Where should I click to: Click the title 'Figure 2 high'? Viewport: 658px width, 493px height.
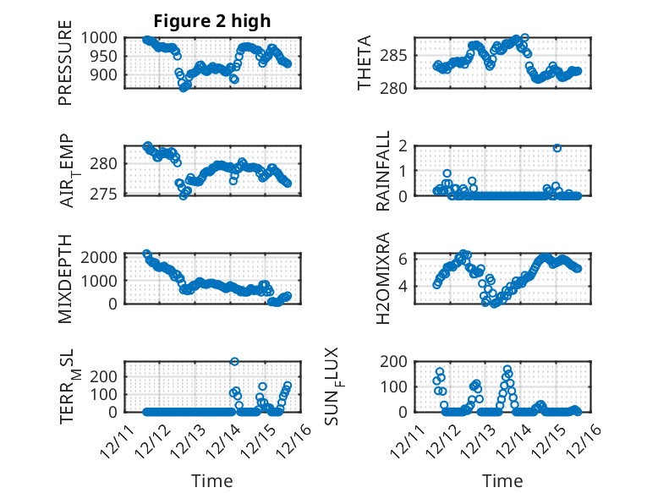click(211, 21)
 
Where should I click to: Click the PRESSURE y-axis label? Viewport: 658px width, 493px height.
click(66, 69)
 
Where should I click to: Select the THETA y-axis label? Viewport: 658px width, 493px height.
click(365, 63)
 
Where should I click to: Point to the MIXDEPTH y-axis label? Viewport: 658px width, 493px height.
click(66, 278)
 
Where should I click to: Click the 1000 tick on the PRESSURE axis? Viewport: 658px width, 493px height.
click(101, 38)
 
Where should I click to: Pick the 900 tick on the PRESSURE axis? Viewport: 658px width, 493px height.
click(106, 74)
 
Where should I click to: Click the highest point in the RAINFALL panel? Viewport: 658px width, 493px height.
click(557, 148)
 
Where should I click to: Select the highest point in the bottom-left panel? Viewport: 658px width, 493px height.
click(234, 361)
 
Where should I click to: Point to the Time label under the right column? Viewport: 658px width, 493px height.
click(502, 480)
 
